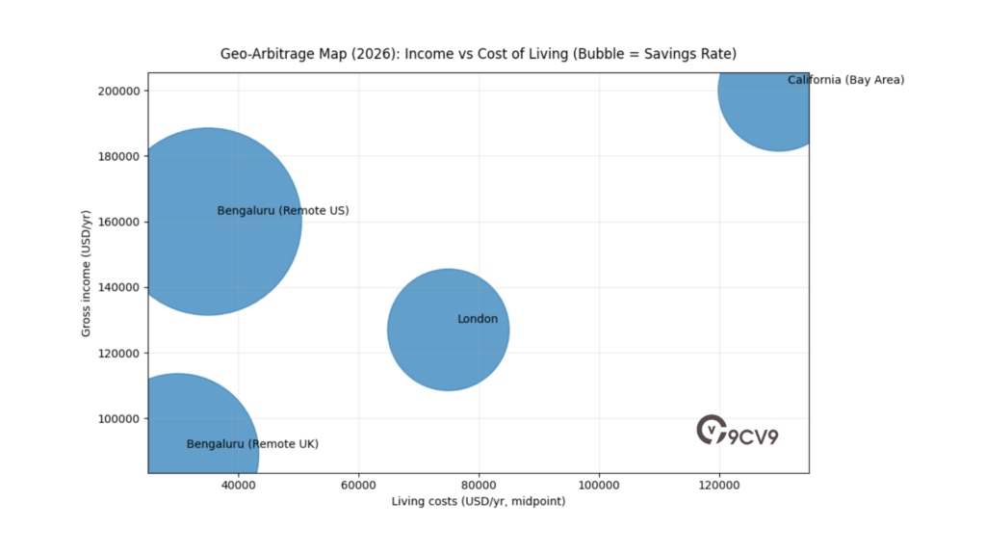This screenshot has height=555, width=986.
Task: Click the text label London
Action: (x=478, y=319)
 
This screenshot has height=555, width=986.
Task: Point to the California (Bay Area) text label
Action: (x=845, y=80)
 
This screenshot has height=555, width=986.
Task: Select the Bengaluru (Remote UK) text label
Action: (x=252, y=444)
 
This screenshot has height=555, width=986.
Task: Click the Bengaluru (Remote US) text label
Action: (x=283, y=210)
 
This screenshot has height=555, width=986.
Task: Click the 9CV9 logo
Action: (x=738, y=431)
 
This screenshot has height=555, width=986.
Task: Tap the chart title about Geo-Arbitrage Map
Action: (x=479, y=53)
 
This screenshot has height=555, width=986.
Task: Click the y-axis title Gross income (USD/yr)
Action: (x=86, y=273)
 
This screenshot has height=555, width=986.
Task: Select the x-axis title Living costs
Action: (x=479, y=502)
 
